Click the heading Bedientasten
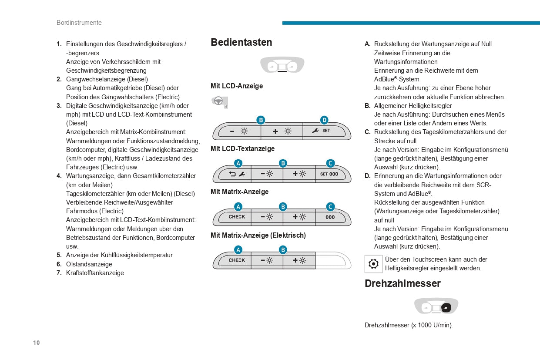click(x=241, y=42)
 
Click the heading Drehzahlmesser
click(x=402, y=283)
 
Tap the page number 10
click(x=36, y=343)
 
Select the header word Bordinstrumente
click(x=79, y=23)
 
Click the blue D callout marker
click(x=324, y=120)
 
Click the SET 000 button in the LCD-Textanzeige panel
click(x=329, y=174)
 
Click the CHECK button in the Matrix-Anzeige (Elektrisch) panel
click(x=237, y=260)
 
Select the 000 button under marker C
click(x=330, y=217)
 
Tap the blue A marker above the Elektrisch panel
click(x=238, y=250)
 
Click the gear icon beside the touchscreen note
click(x=373, y=264)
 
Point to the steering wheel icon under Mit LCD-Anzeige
click(x=219, y=102)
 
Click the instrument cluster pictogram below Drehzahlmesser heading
click(x=436, y=306)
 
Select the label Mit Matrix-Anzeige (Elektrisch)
click(x=258, y=236)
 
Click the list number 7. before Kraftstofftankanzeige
click(x=59, y=273)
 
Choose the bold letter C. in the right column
click(x=368, y=132)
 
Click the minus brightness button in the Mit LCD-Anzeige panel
click(x=238, y=131)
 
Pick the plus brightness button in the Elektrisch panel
click(x=299, y=260)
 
